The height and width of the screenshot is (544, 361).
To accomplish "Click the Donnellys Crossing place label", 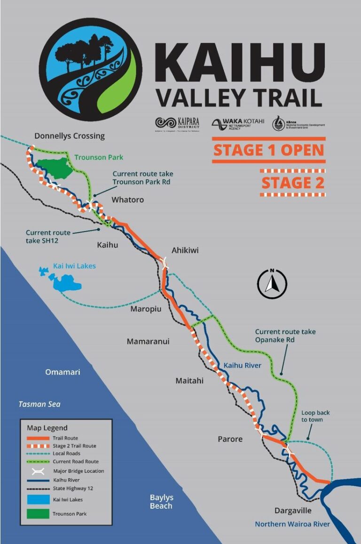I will coord(70,136).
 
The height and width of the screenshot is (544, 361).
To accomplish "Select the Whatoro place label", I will coord(127,200).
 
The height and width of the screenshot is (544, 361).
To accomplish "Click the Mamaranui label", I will coord(148,342).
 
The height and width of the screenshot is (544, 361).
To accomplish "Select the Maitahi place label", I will coord(189,380).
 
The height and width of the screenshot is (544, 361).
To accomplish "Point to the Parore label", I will coord(230,439).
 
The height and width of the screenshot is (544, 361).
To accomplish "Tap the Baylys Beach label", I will coord(161,502).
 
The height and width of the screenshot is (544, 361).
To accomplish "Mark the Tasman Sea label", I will coord(39,404).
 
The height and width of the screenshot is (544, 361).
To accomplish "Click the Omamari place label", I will coord(63,372).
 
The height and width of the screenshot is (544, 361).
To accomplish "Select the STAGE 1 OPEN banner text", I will coord(268,150).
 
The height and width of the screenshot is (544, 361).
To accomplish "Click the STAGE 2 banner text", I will coord(292,183).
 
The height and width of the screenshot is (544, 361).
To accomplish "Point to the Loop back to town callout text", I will coord(315,416).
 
